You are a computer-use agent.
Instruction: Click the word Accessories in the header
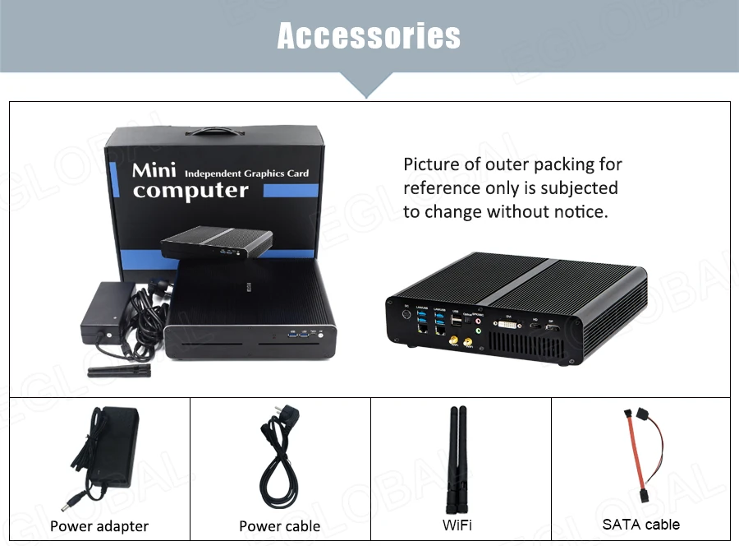pos(369,35)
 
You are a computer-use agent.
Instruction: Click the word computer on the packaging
pos(190,191)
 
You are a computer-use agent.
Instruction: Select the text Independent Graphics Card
pos(247,174)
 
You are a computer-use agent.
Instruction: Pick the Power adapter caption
pos(99,526)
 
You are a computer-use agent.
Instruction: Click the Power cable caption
pos(280,526)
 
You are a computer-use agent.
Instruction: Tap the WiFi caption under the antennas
pos(457,525)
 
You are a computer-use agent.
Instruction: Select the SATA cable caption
pos(640,524)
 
